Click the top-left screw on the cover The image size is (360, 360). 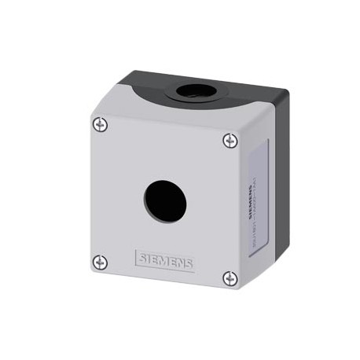click(98, 123)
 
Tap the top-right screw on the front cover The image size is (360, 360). click(229, 140)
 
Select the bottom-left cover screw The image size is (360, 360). click(98, 262)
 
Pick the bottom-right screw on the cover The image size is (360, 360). click(228, 277)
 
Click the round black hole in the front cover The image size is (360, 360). click(163, 200)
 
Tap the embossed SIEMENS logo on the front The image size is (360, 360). click(165, 260)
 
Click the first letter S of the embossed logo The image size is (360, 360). click(141, 257)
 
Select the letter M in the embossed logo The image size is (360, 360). click(164, 260)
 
